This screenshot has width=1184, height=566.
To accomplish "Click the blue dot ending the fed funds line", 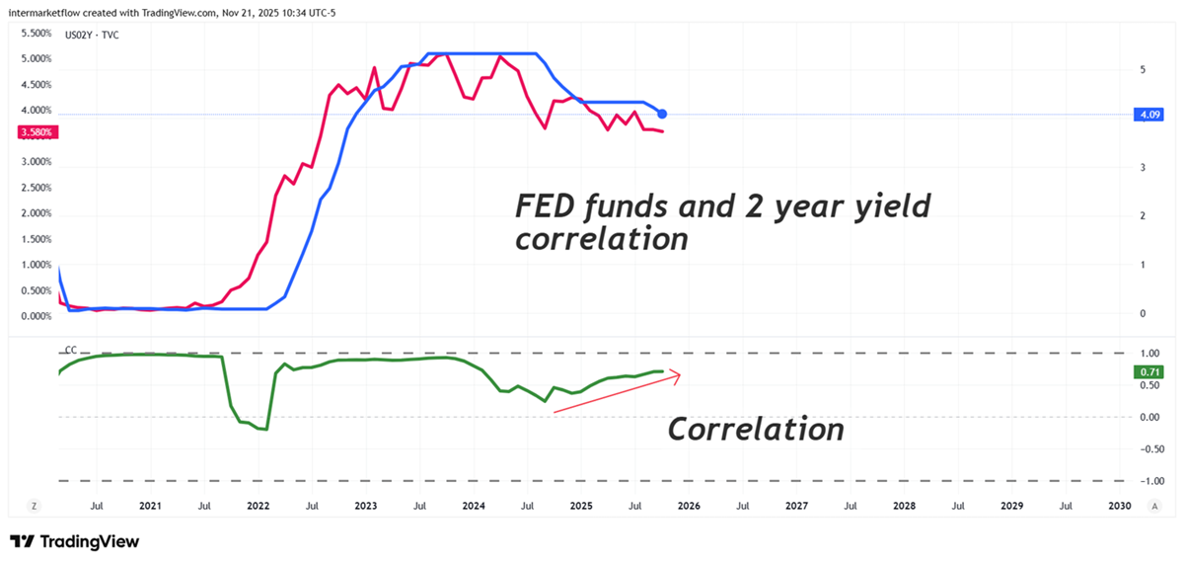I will coord(662,115).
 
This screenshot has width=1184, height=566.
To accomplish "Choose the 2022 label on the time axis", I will coord(258,506).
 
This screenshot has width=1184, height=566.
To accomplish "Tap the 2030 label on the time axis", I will coord(1119,506).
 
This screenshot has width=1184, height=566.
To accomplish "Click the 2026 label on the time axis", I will coord(688,506).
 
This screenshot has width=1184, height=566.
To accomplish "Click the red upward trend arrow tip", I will coord(680,372).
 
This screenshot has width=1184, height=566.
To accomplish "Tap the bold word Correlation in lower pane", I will coord(756,430).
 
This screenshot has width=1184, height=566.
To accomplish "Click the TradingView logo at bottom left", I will coord(74,541).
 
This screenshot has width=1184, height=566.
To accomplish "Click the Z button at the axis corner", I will coord(35,506).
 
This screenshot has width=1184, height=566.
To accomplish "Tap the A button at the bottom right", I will coord(1153,506).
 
